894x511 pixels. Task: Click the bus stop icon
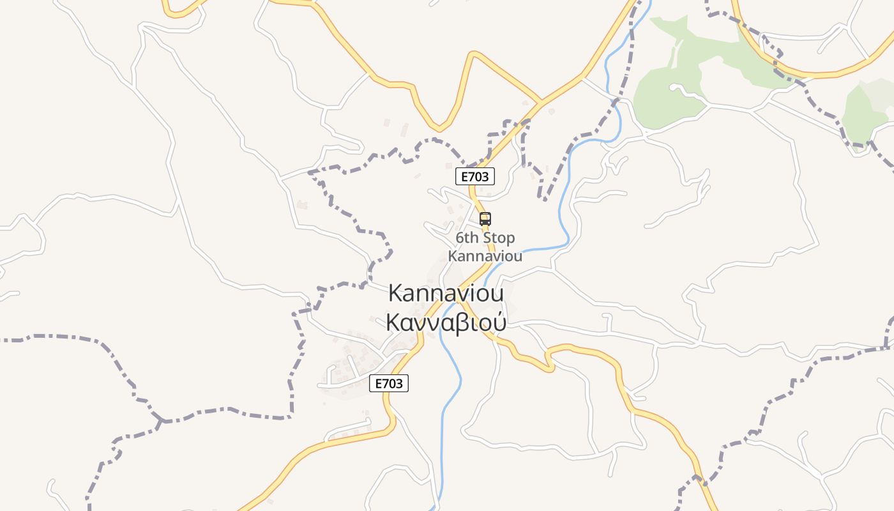tap(485, 219)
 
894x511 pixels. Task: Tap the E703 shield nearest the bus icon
tap(475, 176)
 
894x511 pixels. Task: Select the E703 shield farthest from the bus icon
tap(389, 383)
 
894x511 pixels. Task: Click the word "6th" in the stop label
tap(467, 238)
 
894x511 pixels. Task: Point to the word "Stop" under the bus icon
tap(499, 238)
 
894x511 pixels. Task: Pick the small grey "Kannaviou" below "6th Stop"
tap(485, 256)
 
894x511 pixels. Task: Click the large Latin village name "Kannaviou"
tap(446, 293)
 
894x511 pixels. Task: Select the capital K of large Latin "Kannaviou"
tap(396, 293)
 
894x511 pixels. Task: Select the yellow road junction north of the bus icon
tap(542, 102)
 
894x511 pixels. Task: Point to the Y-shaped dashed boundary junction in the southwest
tap(162, 421)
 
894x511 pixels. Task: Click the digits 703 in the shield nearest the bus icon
tap(480, 176)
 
